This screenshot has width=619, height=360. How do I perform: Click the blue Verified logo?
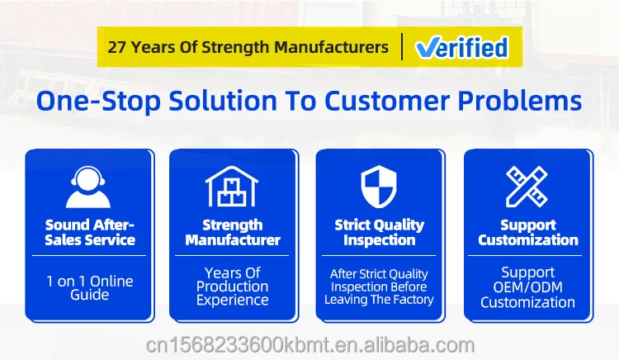pyautogui.click(x=461, y=47)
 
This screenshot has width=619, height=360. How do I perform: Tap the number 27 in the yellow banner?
pyautogui.click(x=117, y=47)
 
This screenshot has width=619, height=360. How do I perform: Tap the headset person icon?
pyautogui.click(x=88, y=187)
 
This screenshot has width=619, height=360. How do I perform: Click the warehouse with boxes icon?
pyautogui.click(x=232, y=187)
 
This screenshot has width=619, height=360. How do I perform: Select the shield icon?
pyautogui.click(x=379, y=187)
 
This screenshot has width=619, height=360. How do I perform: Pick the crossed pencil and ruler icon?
pyautogui.click(x=527, y=187)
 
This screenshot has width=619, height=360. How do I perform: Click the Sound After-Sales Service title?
pyautogui.click(x=90, y=233)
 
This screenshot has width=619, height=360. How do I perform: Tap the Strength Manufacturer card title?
pyautogui.click(x=233, y=233)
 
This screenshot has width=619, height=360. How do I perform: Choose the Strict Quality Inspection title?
pyautogui.click(x=379, y=233)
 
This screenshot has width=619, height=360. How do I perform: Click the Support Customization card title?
pyautogui.click(x=528, y=233)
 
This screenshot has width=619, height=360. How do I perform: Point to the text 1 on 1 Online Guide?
pyautogui.click(x=90, y=288)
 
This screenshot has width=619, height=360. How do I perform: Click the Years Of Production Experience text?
pyautogui.click(x=233, y=287)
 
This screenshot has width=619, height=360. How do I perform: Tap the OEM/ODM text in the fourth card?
pyautogui.click(x=528, y=287)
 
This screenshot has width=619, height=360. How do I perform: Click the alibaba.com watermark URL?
pyautogui.click(x=310, y=345)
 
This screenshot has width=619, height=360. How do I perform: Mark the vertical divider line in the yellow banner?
pyautogui.click(x=402, y=47)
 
